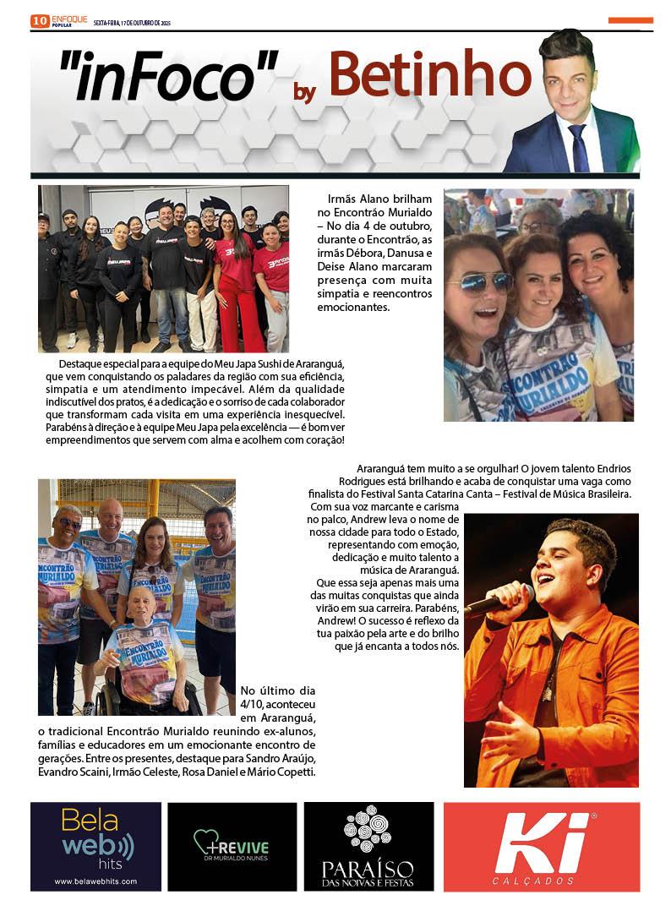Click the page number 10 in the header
coord(40,21)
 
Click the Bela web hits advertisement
coord(95,847)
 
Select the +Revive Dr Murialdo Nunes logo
coord(232,847)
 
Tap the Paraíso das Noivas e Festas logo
coord(368,847)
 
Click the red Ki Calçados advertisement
coord(541,847)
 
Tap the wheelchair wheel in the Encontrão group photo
coord(104,699)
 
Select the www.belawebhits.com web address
coord(95,881)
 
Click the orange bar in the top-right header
coord(630,20)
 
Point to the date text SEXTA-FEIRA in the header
coord(108,22)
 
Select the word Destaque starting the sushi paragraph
coord(76,363)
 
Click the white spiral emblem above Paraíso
coord(367,827)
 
